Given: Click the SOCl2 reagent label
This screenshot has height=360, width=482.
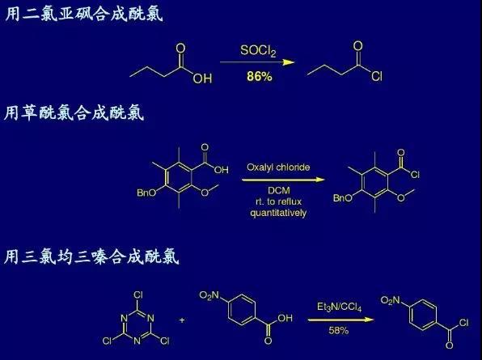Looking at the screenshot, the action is (258, 51).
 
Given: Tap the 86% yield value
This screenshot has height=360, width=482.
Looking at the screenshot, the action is (259, 76).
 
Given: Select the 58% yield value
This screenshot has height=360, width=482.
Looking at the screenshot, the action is (338, 331).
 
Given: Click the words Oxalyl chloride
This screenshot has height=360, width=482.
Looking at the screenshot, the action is (278, 167).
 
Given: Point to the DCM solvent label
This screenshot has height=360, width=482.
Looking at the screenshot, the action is (279, 191).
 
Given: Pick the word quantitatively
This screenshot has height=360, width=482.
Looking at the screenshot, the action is (278, 213).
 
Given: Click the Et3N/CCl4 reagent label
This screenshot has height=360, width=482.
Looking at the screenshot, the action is (340, 307).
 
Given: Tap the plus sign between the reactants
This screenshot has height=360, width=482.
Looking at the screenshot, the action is (182, 320).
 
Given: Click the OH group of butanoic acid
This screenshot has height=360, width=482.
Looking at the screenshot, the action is (202, 78).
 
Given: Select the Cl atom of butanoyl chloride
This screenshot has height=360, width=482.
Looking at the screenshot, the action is (377, 76).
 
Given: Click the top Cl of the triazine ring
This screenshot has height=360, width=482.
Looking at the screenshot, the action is (138, 295).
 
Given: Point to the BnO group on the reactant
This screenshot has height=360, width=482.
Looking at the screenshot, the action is (146, 193).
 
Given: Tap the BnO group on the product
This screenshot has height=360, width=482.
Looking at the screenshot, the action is (343, 198).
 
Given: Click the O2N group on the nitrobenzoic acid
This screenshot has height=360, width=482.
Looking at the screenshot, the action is (209, 296).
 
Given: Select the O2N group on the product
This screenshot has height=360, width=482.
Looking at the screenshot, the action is (390, 300).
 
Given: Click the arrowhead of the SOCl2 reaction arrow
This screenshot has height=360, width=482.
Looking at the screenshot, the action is (289, 62).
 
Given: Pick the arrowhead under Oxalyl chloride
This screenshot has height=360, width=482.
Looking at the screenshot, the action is (319, 180).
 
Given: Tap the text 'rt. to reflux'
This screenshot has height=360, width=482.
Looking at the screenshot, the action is (278, 201).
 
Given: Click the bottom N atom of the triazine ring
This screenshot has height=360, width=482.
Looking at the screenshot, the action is (137, 341).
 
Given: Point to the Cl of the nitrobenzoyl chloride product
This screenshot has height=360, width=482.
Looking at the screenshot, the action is (463, 323).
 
